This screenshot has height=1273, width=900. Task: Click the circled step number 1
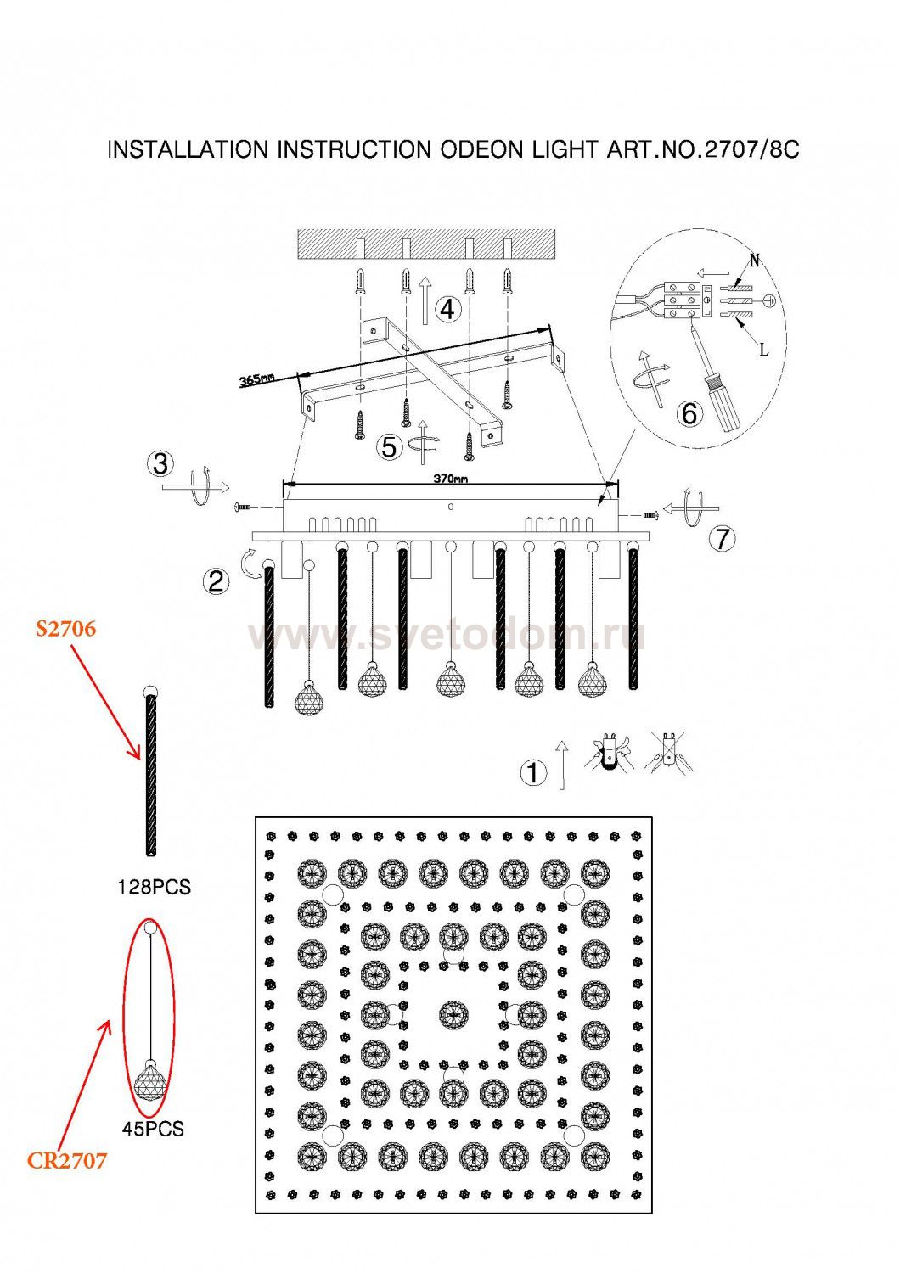pyautogui.click(x=532, y=773)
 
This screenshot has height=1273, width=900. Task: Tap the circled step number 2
pyautogui.click(x=216, y=580)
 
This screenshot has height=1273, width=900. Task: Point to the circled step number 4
pyautogui.click(x=447, y=309)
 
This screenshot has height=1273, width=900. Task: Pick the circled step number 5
pyautogui.click(x=389, y=447)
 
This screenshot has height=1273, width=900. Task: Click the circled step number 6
pyautogui.click(x=689, y=413)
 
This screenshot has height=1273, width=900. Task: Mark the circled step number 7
pyautogui.click(x=722, y=538)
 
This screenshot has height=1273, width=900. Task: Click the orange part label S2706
pyautogui.click(x=65, y=629)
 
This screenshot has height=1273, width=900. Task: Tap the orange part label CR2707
pyautogui.click(x=67, y=1160)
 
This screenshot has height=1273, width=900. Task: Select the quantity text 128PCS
pyautogui.click(x=154, y=888)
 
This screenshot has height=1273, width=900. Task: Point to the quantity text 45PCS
pyautogui.click(x=153, y=1130)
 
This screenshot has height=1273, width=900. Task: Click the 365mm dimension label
pyautogui.click(x=256, y=380)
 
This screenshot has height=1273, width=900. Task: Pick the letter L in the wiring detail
pyautogui.click(x=763, y=350)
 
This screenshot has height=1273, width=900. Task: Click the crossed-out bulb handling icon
pyautogui.click(x=671, y=752)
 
